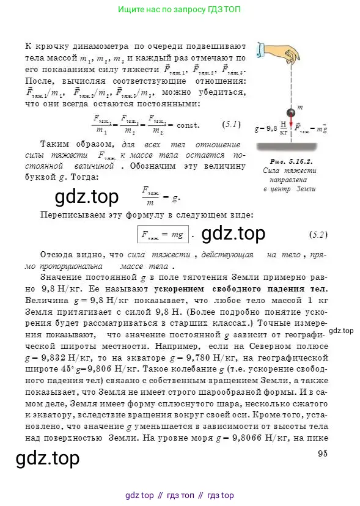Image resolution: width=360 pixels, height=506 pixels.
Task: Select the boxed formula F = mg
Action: (161, 234)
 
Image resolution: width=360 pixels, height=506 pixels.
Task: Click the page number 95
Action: (323, 453)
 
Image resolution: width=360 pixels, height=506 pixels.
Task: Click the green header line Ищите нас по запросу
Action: (179, 10)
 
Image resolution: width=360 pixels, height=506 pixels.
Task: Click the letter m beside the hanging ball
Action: (299, 108)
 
